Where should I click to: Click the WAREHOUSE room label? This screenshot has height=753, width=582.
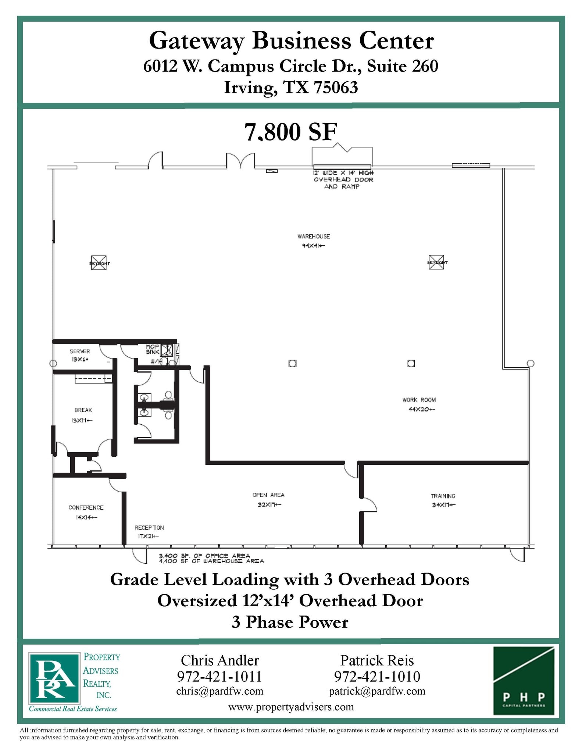click(314, 236)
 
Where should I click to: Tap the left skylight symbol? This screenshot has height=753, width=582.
click(99, 263)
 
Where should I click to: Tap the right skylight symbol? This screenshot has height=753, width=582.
click(436, 262)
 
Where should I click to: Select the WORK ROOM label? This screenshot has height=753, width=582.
click(419, 400)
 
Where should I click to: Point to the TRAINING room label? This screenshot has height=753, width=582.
click(443, 496)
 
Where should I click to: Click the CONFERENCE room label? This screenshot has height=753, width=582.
click(86, 507)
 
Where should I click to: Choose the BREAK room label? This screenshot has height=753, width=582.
click(83, 410)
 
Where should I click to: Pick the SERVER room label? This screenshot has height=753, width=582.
click(80, 351)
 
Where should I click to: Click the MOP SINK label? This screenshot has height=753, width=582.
click(152, 349)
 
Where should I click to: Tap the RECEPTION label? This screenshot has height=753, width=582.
click(149, 528)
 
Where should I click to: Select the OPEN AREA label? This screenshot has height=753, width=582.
click(268, 495)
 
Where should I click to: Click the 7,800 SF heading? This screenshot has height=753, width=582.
click(291, 132)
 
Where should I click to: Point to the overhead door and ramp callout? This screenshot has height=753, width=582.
click(343, 179)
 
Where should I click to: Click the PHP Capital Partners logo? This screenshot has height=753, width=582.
click(524, 681)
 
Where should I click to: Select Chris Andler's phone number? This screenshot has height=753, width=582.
click(219, 677)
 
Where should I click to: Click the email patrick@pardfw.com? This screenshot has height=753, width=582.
click(377, 691)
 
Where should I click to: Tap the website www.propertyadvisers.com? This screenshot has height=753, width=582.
click(291, 707)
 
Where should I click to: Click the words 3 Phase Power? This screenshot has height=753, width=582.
click(290, 622)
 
